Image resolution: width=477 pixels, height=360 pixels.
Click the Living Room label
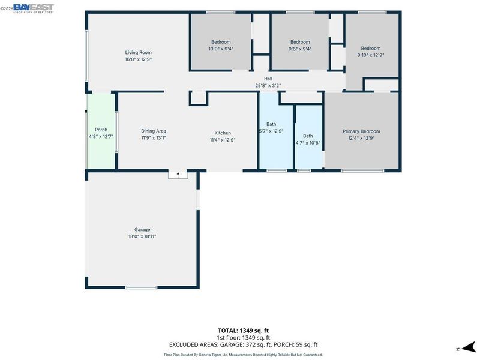click(x=138, y=52)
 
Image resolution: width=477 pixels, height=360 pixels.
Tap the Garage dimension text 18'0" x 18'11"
click(x=142, y=236)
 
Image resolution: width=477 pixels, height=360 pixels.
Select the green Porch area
click(x=101, y=131)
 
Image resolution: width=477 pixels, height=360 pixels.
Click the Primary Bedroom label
click(x=361, y=131)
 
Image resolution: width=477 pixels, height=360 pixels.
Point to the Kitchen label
click(x=223, y=133)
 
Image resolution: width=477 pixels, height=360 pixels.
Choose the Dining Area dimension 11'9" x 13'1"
click(x=154, y=138)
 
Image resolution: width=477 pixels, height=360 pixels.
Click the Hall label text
click(x=268, y=79)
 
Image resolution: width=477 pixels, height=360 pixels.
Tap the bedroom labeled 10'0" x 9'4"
click(x=221, y=42)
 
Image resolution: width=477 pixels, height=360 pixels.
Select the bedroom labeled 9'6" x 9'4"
click(x=300, y=42)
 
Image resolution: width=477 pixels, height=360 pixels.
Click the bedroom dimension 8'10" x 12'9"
click(x=371, y=55)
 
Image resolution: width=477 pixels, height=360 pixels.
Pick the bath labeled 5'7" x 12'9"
click(x=276, y=131)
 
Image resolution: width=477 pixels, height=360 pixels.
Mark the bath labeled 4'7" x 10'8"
click(x=309, y=137)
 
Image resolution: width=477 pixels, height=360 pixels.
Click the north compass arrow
click(x=468, y=347)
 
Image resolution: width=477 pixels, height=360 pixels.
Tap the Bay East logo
click(x=34, y=8)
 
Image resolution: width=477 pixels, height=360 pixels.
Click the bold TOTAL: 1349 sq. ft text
click(x=243, y=331)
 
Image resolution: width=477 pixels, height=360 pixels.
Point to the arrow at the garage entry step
click(x=178, y=175)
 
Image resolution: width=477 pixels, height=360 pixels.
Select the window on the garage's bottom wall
click(x=142, y=287)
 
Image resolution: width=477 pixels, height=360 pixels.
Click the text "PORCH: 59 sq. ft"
click(x=295, y=344)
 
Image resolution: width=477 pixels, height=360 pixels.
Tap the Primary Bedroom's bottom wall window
click(x=362, y=171)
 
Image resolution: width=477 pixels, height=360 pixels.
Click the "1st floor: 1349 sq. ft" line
click(x=243, y=337)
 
